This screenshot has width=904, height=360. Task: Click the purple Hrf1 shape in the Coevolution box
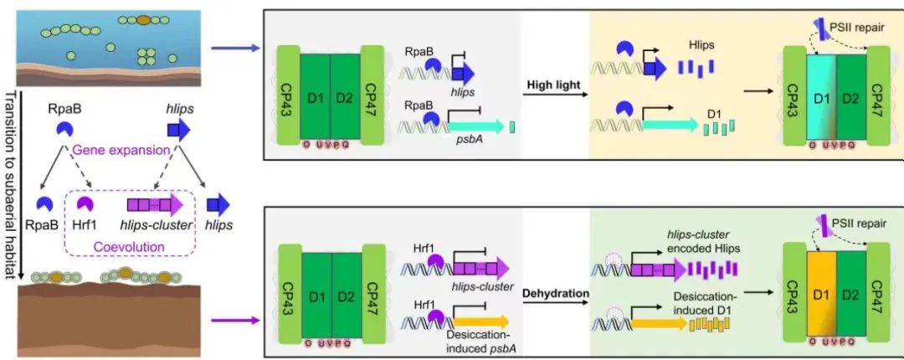tap(86, 204)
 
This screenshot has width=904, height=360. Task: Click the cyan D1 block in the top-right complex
tap(821, 95)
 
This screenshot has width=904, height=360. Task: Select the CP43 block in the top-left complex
tap(288, 96)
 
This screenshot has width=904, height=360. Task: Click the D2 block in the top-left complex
tap(345, 96)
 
